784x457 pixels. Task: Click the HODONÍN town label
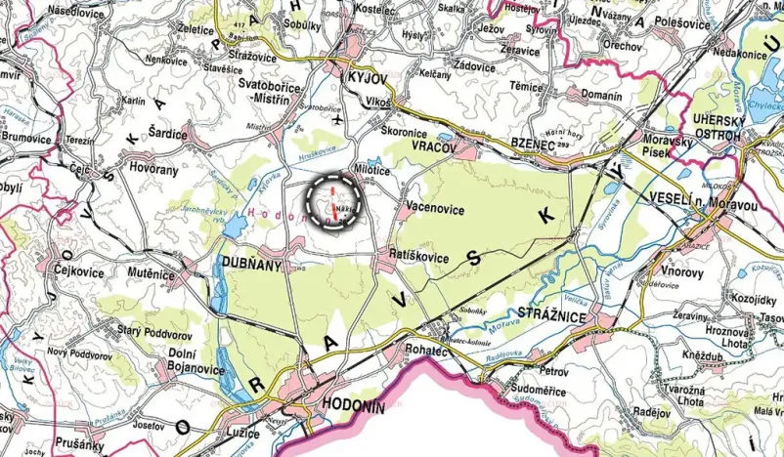coord(354,409)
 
